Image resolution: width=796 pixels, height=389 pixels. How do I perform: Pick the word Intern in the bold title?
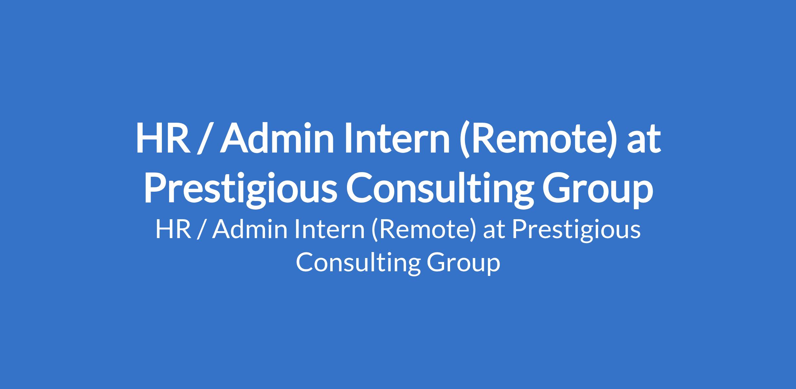pos(397,138)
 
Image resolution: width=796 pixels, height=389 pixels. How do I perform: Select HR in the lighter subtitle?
pos(173,230)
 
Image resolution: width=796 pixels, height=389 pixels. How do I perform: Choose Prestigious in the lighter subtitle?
pos(576,231)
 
